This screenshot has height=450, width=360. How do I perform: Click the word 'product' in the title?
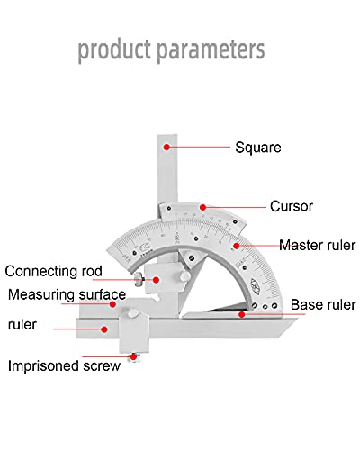pos(114,49)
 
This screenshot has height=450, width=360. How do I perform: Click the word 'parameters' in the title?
pos(211,49)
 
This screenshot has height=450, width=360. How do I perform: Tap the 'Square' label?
pos(258,148)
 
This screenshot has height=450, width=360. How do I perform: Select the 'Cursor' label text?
pos(292,206)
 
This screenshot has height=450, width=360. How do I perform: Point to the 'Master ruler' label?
pos(318,245)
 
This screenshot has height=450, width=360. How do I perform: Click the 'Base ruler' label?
pos(323,304)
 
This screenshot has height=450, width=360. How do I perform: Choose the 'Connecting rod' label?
pos(54,271)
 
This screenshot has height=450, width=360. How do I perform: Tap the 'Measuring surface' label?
pos(67,294)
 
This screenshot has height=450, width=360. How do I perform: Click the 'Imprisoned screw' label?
pos(64,366)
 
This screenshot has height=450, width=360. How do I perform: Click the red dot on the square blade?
pos(166,147)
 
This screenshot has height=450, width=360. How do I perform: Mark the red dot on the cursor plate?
pos(202,207)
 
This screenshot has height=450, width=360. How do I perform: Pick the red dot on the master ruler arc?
pos(237,246)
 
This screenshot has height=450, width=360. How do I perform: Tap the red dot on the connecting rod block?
pos(156,280)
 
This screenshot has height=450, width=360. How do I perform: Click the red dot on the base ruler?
pos(241,314)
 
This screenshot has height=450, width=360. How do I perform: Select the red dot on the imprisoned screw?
pos(133,357)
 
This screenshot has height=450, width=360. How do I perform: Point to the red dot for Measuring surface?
pos(112,304)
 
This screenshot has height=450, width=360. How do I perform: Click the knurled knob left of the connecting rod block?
pos(139,280)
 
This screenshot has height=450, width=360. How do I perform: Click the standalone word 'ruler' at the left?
pos(22,325)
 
